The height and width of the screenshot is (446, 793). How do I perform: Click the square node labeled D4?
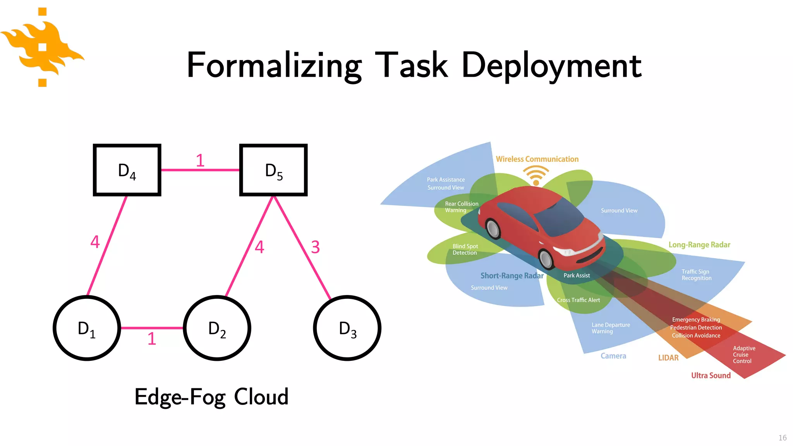(127, 170)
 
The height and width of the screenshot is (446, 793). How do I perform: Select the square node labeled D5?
(273, 170)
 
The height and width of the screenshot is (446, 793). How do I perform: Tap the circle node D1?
(87, 328)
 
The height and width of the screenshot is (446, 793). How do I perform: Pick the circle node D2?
(217, 328)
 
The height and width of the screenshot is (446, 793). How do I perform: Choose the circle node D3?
(347, 328)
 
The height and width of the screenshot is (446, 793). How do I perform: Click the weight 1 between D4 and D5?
(200, 160)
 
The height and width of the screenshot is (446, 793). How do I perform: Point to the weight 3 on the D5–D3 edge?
(316, 247)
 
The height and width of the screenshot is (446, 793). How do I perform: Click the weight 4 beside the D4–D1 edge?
(95, 242)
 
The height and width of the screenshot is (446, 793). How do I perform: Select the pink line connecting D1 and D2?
(152, 328)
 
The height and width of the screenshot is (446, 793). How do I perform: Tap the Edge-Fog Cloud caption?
(211, 397)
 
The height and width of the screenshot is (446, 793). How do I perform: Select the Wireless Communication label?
(537, 159)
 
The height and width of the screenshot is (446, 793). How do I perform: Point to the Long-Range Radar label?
(699, 245)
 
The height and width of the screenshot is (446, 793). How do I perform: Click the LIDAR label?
(668, 358)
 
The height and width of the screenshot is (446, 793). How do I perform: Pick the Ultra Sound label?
(711, 375)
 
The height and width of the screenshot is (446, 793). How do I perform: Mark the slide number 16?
(782, 437)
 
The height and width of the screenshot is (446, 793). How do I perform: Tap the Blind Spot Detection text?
(465, 249)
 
